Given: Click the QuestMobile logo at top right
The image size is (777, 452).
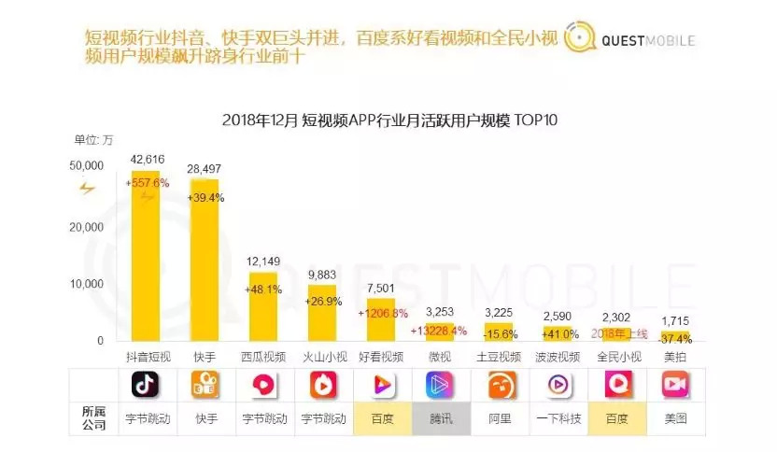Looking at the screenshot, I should [631, 40].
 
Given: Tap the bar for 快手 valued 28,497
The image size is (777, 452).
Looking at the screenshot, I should [204, 261].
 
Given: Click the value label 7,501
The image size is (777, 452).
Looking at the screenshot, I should [379, 290].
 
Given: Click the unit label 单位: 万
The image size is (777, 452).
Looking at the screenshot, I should [93, 141].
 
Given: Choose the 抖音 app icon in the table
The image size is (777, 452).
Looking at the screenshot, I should [145, 385].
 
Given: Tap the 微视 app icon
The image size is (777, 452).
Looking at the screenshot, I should [439, 385].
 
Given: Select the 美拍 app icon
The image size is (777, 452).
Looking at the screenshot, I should [674, 385].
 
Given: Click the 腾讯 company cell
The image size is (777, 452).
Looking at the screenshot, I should [439, 419].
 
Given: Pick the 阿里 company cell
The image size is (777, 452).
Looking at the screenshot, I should [498, 419].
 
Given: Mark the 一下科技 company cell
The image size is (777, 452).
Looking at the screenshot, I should [557, 419].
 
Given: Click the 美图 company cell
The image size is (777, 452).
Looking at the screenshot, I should [674, 419].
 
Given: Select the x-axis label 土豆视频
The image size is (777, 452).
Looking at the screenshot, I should [498, 357].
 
